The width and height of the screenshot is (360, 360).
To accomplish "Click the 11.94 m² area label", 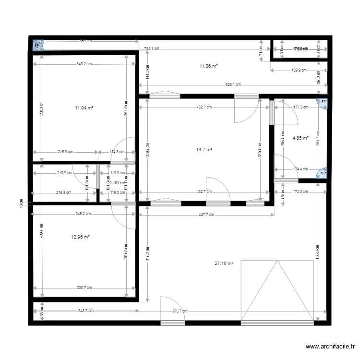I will click(x=84, y=108).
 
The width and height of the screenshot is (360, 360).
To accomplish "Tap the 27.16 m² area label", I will click(x=224, y=263).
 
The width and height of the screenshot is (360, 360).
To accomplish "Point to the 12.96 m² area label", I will click(x=81, y=237).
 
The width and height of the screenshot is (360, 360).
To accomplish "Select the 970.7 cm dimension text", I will click(x=181, y=311).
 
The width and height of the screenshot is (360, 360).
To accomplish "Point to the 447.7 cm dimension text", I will click(x=208, y=215).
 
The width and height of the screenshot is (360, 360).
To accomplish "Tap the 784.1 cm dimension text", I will click(x=152, y=48).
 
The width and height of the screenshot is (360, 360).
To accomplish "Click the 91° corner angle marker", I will click(x=323, y=174).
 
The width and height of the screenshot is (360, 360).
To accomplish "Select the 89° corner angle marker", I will click(x=324, y=102).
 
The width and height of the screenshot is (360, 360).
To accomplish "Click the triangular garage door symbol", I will click(x=277, y=291).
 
